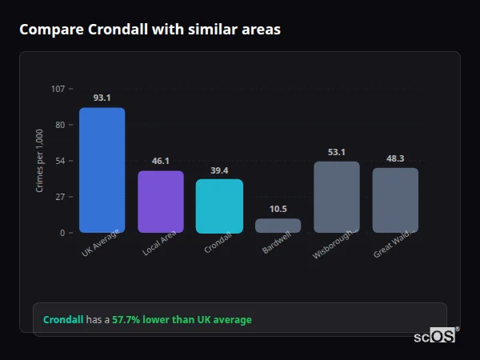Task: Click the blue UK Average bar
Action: (102, 170)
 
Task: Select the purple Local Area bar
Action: (161, 202)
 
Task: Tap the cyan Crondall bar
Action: (219, 206)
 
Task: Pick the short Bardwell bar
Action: (278, 226)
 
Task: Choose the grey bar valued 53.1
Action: (336, 197)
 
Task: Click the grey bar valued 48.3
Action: (395, 200)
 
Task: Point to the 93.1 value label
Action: (102, 98)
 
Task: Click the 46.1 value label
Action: (161, 161)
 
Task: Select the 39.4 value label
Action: (219, 170)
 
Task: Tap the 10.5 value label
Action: (278, 209)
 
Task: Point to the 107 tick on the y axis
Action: (58, 89)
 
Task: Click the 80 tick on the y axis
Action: (59, 125)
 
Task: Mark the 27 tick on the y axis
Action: (59, 197)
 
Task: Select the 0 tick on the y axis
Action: (62, 233)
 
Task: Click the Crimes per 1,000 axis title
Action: (40, 160)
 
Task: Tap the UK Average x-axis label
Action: (101, 245)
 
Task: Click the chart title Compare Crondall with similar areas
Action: (150, 30)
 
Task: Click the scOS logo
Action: (435, 336)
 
